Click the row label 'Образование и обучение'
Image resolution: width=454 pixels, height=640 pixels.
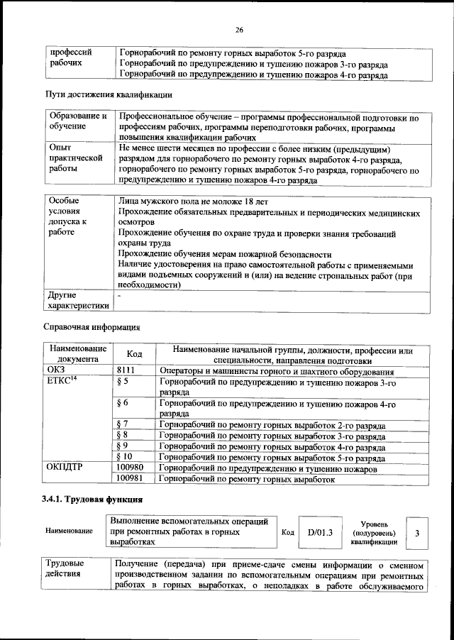[x=77, y=121]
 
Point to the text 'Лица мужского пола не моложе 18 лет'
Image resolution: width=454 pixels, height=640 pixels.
[x=189, y=202]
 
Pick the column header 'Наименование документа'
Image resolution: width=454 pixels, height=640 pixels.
[x=77, y=354]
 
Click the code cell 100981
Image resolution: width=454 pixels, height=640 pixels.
[x=131, y=480]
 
